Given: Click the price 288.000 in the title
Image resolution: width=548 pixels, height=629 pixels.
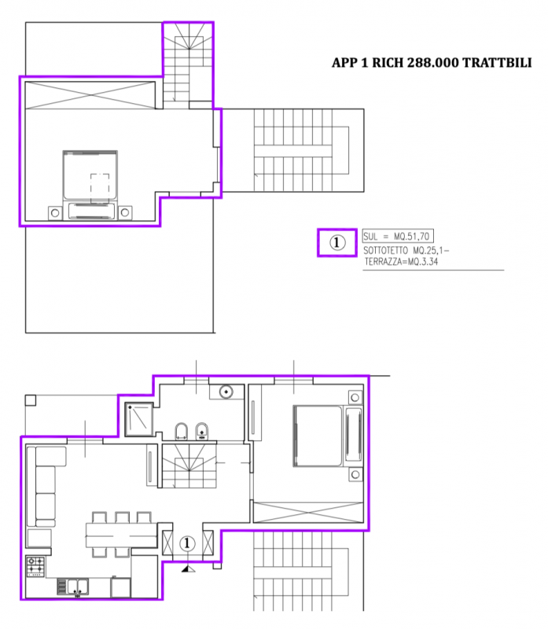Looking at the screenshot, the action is click(x=432, y=63).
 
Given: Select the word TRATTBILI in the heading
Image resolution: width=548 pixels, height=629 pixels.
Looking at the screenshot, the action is click(x=497, y=63).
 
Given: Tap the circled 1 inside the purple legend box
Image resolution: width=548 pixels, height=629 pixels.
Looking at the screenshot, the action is click(x=337, y=242).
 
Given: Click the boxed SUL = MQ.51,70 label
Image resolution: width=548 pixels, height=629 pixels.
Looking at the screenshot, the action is click(x=398, y=237).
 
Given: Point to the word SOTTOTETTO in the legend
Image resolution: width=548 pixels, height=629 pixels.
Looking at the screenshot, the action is click(x=385, y=251).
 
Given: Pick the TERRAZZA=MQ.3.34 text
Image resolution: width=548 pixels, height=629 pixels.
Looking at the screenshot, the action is click(x=401, y=262).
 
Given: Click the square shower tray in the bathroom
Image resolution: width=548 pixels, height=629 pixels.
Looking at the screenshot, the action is click(x=139, y=419).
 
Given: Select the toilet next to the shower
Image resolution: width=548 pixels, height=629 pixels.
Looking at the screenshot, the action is click(x=182, y=431).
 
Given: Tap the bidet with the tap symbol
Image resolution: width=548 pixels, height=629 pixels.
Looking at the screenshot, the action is click(x=201, y=431).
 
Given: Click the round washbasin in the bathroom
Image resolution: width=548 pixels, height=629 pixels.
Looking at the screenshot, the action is click(x=226, y=392).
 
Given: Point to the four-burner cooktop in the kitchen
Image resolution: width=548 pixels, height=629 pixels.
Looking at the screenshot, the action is click(x=35, y=566).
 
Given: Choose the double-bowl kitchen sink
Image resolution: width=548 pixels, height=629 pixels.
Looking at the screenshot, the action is click(x=78, y=587).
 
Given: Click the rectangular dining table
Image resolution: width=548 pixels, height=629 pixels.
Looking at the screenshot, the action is click(x=121, y=535).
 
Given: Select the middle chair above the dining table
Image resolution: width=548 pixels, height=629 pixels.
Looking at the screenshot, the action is click(x=122, y=517).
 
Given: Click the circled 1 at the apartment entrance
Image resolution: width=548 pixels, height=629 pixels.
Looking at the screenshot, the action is click(x=186, y=543).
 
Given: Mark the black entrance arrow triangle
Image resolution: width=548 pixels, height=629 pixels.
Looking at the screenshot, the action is click(x=188, y=568).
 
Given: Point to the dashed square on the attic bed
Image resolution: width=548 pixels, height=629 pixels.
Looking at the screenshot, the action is click(x=100, y=189).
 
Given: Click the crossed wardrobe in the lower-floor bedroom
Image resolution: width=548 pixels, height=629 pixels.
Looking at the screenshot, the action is click(x=308, y=513).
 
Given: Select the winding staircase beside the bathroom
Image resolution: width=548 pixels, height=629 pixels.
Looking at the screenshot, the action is click(x=189, y=465).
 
